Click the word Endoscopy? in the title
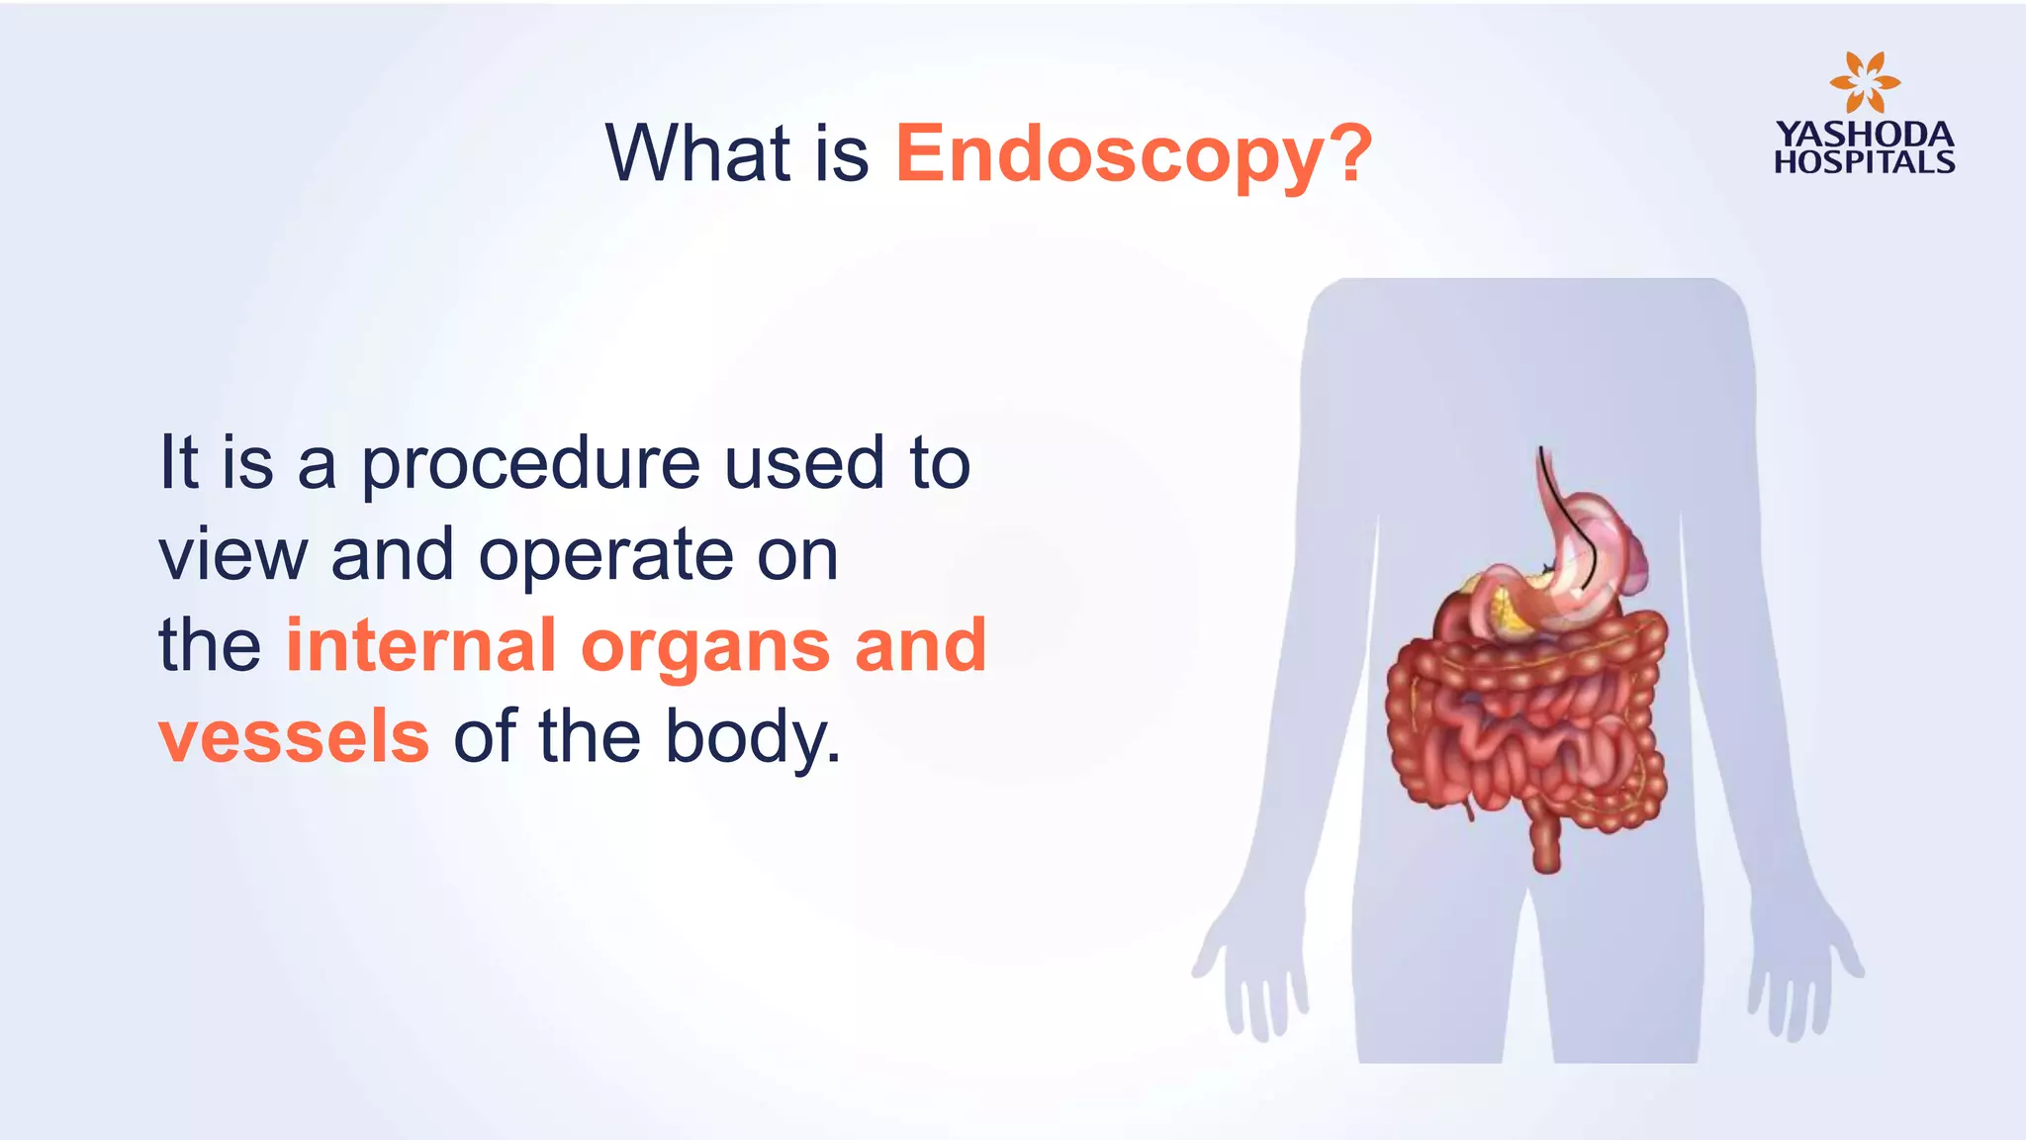tap(1134, 154)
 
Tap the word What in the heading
tap(697, 154)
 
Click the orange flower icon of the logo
tap(1864, 82)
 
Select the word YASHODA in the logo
tap(1864, 134)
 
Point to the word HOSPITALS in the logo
tap(1864, 162)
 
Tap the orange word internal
tap(420, 646)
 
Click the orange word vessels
tap(294, 737)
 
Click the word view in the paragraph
tap(233, 556)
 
